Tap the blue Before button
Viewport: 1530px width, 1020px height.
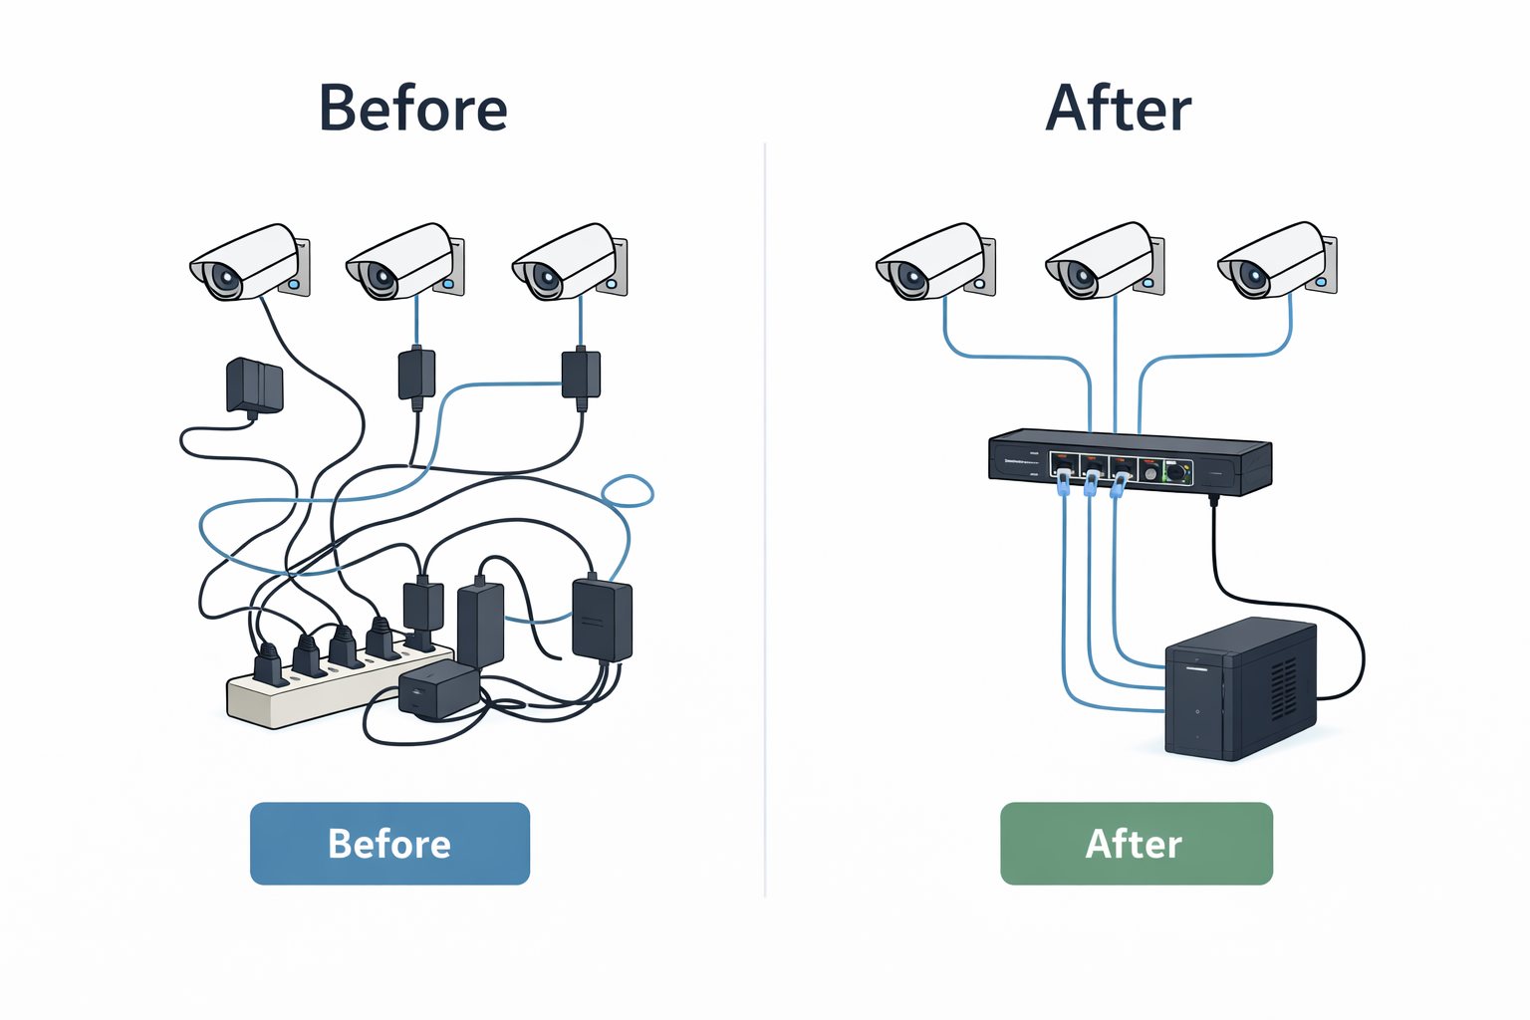(x=389, y=844)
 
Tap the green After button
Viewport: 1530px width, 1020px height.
(x=1136, y=844)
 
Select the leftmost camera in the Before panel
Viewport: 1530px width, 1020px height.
(x=249, y=262)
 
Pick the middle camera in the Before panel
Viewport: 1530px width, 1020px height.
(x=404, y=262)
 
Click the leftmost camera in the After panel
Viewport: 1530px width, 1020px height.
(x=934, y=262)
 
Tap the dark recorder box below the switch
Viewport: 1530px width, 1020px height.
(x=1240, y=689)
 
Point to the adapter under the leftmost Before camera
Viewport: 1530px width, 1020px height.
(x=255, y=385)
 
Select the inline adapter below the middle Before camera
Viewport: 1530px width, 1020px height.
(x=416, y=374)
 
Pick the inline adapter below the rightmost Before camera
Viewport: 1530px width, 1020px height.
(x=581, y=374)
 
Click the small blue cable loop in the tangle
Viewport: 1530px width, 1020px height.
(x=629, y=491)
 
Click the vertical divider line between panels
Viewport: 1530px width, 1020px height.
(x=765, y=518)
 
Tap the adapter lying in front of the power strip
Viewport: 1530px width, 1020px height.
(x=438, y=689)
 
